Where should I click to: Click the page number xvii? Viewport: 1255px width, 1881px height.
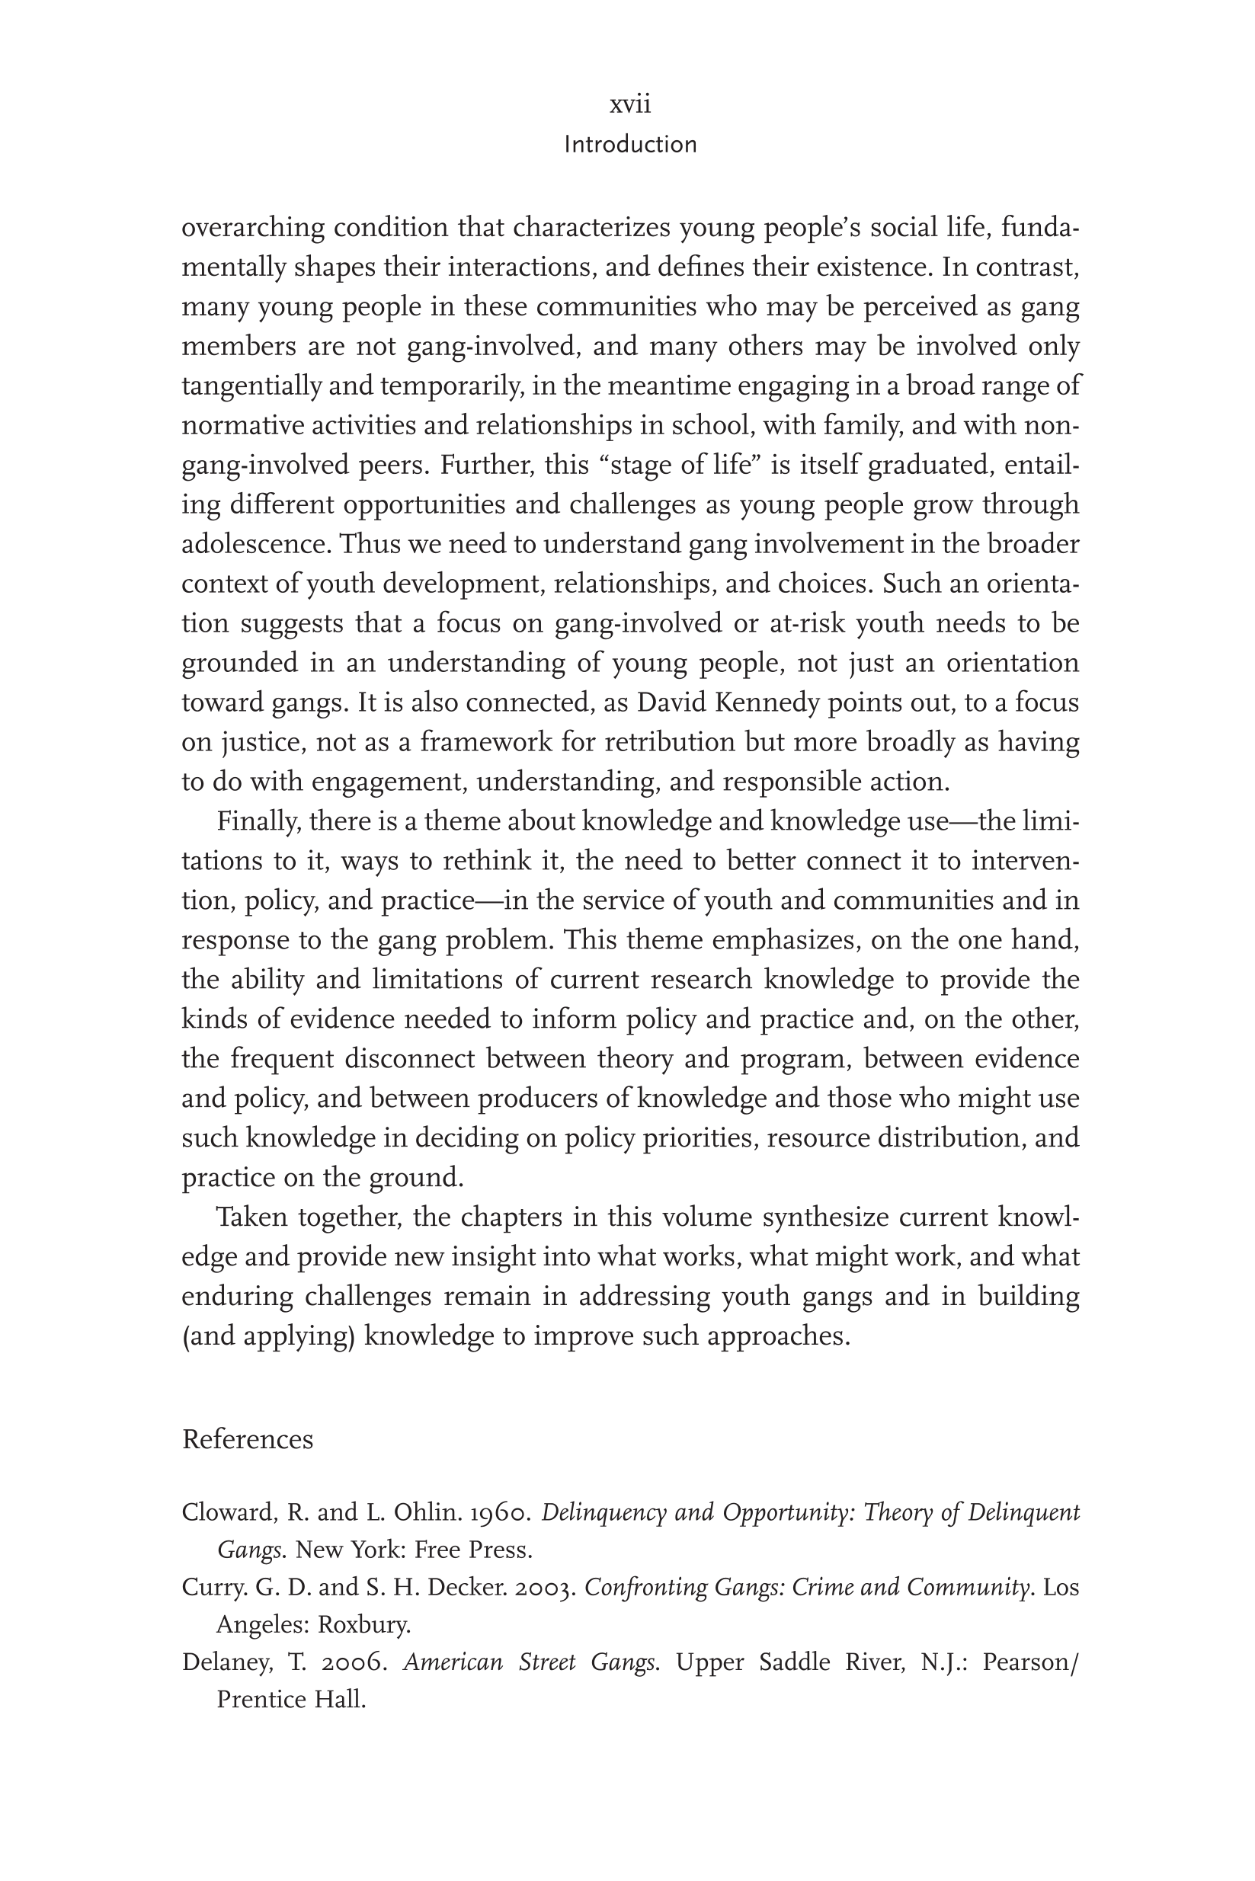point(630,104)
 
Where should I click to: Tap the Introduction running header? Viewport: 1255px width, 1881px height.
point(630,145)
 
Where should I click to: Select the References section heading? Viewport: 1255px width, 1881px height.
point(248,1439)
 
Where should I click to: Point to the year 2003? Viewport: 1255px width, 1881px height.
point(545,1587)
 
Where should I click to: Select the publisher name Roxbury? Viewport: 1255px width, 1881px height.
point(364,1624)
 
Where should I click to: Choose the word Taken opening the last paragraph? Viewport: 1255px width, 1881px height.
point(252,1217)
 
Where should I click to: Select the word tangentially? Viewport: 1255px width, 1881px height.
point(252,385)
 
